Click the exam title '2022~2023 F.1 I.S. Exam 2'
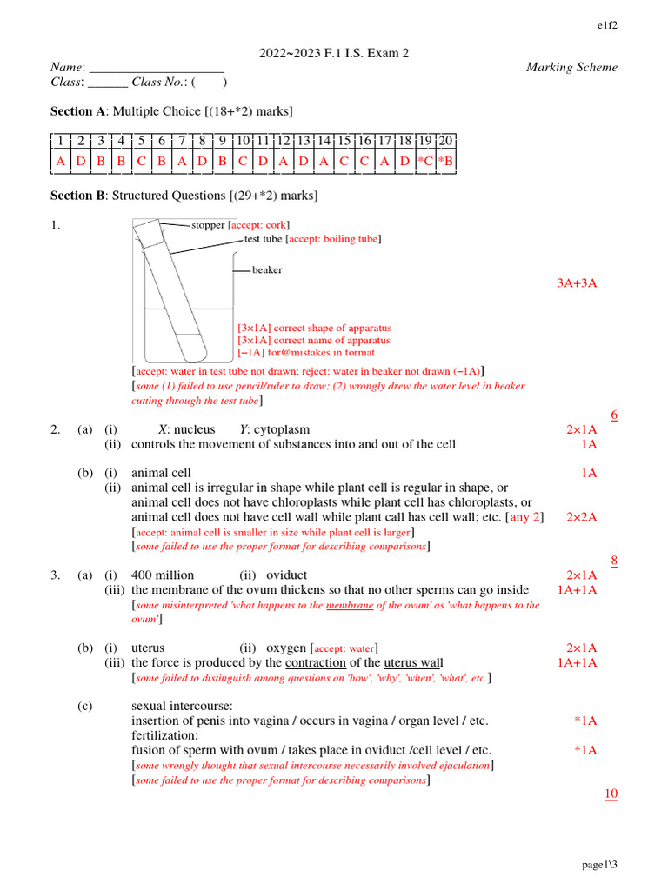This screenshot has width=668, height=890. pyautogui.click(x=334, y=54)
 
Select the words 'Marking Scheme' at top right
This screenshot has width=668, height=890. pyautogui.click(x=571, y=68)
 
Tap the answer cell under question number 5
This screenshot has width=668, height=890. pyautogui.click(x=140, y=161)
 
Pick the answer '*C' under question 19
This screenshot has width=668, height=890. pyautogui.click(x=425, y=161)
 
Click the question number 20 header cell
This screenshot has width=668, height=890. pyautogui.click(x=445, y=141)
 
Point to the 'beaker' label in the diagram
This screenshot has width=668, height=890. pyautogui.click(x=267, y=270)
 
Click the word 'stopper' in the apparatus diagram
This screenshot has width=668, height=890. pyautogui.click(x=208, y=225)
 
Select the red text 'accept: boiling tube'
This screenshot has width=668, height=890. pyautogui.click(x=334, y=239)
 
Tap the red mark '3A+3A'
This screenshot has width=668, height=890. pyautogui.click(x=577, y=283)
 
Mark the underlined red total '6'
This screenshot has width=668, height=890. pyautogui.click(x=613, y=415)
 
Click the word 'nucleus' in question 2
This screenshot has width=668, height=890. pyautogui.click(x=194, y=429)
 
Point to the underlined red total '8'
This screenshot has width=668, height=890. pyautogui.click(x=613, y=561)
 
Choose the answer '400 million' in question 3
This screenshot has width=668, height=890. pyautogui.click(x=163, y=575)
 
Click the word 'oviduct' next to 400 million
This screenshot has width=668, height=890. pyautogui.click(x=286, y=575)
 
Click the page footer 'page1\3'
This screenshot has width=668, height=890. pyautogui.click(x=599, y=865)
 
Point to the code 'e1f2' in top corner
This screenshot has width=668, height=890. pyautogui.click(x=607, y=24)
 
